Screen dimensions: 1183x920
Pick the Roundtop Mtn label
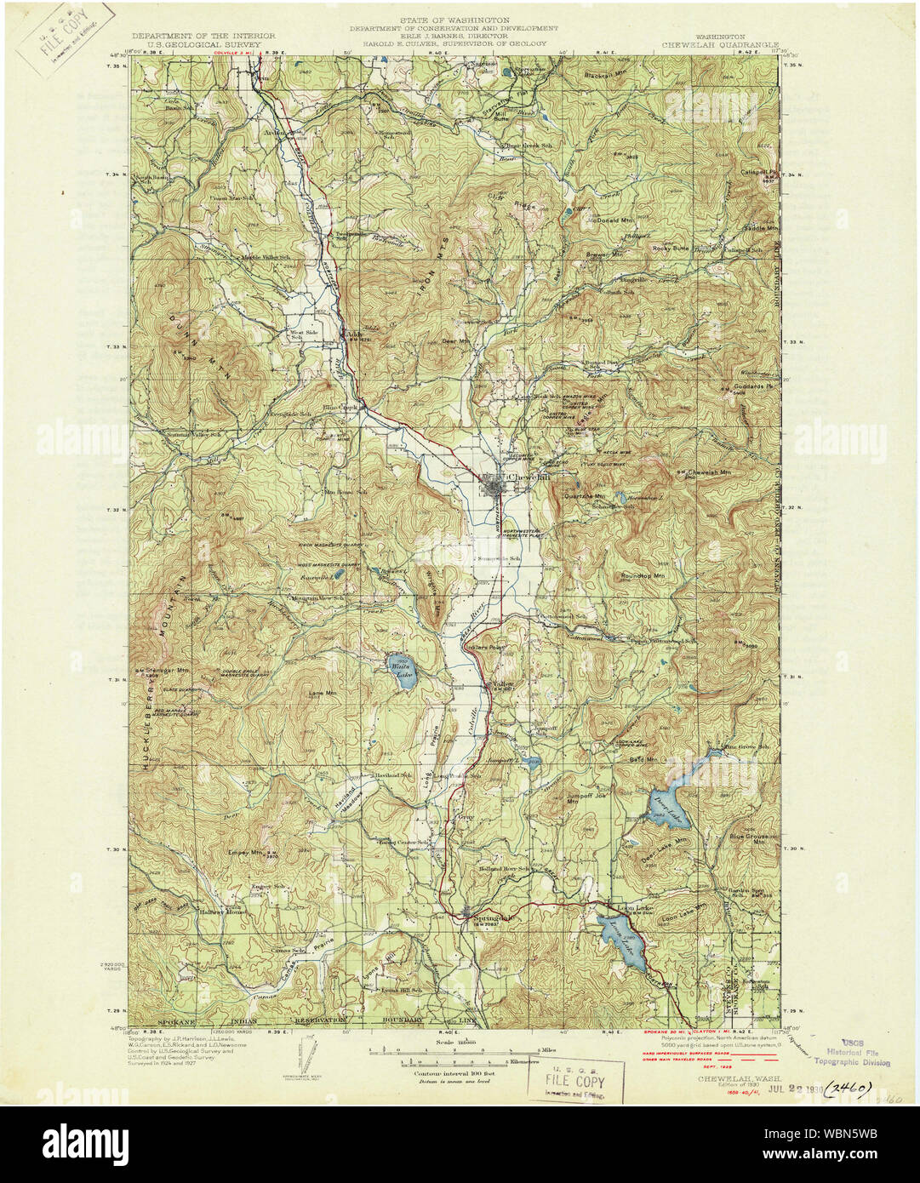coord(643,576)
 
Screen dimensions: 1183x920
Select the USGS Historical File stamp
coord(851,1052)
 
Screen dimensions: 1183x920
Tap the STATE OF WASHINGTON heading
coord(460,19)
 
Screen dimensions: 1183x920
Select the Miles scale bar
coord(460,1051)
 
